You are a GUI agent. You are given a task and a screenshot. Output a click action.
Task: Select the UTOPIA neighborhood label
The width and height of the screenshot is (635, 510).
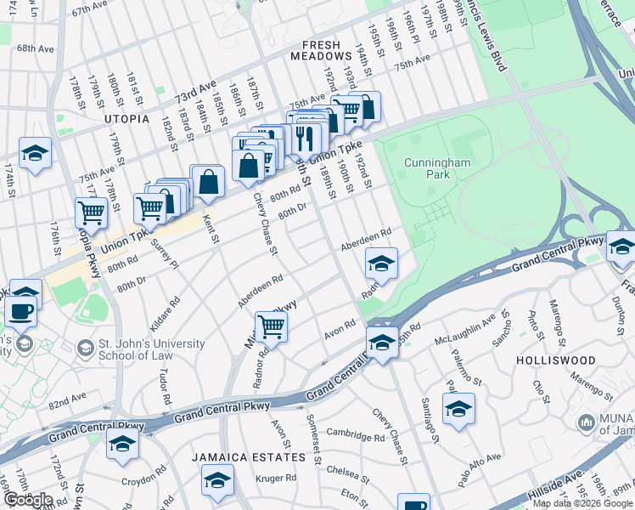point(126,120)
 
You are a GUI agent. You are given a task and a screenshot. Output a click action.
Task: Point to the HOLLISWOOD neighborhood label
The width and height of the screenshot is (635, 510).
point(556,360)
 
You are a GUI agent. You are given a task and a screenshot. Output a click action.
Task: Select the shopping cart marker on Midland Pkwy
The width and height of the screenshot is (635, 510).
point(271,326)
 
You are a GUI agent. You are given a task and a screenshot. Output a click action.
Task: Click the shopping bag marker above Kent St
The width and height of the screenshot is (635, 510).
point(208,181)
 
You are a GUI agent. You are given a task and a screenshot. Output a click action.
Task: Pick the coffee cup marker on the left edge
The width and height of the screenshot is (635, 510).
point(20,311)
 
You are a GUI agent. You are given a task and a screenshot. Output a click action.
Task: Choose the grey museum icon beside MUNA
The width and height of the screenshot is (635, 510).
point(586,422)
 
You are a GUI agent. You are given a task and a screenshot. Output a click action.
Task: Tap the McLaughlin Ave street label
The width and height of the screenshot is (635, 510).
point(464,323)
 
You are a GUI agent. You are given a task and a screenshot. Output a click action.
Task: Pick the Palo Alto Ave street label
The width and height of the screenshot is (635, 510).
point(480,470)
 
